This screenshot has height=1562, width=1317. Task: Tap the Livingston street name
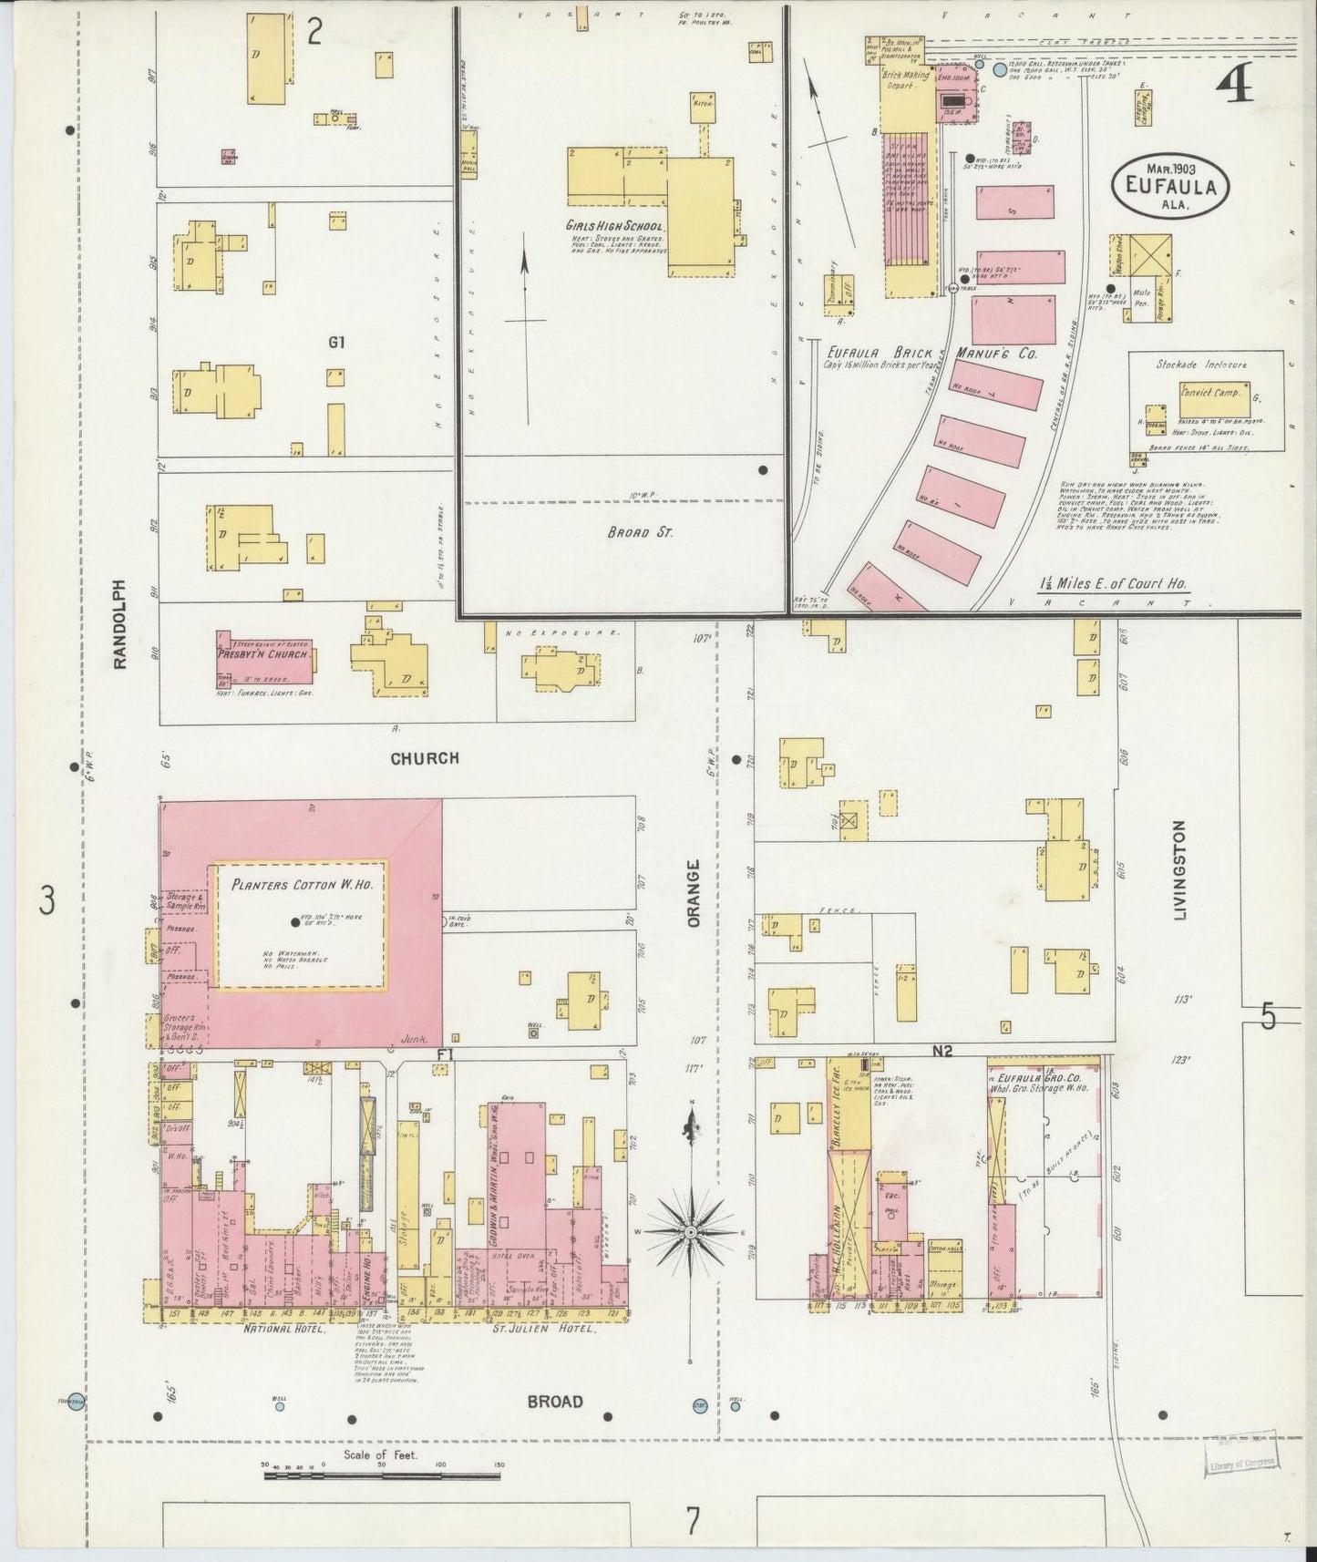point(1180,869)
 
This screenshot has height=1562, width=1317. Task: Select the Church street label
point(425,758)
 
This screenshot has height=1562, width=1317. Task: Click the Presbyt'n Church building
point(265,656)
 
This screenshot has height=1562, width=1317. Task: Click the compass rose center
point(692,1232)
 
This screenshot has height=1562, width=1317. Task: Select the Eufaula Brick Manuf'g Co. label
point(932,352)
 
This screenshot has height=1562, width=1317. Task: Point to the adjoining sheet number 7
point(693,1521)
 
